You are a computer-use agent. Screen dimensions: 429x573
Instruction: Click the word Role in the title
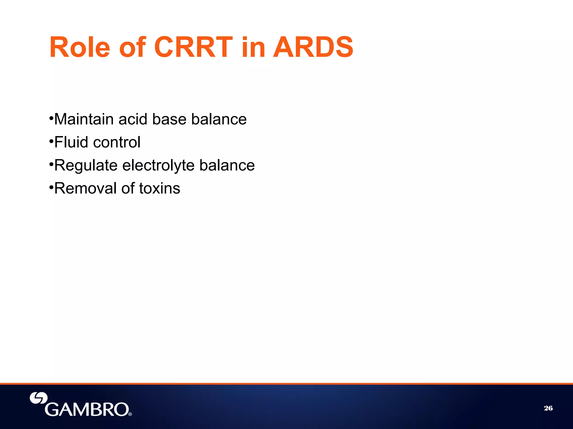tap(79, 47)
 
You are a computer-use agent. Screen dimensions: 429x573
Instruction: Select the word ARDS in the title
tap(313, 47)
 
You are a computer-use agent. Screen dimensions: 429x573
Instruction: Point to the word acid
tap(133, 119)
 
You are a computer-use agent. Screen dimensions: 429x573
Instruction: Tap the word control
tap(117, 142)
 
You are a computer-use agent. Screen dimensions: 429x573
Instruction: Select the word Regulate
tap(86, 165)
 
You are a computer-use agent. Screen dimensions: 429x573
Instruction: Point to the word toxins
tap(159, 188)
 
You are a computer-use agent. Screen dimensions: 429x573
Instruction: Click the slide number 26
tap(548, 408)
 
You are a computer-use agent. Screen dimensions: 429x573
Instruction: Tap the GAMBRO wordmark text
tap(87, 409)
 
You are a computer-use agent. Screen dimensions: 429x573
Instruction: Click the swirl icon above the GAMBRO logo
tap(39, 398)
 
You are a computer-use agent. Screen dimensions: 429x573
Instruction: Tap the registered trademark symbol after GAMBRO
tap(130, 414)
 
